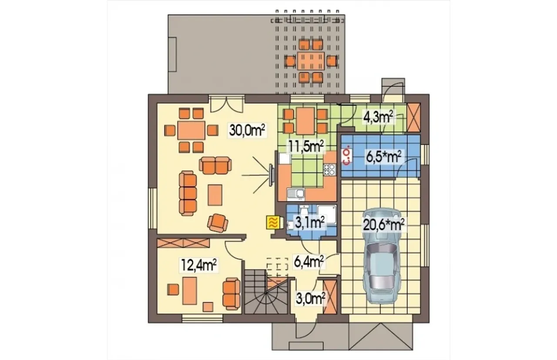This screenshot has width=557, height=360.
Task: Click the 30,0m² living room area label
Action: [x=247, y=130]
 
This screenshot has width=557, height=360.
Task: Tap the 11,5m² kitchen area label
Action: [x=306, y=147]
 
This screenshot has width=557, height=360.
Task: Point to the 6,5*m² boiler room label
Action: [x=384, y=157]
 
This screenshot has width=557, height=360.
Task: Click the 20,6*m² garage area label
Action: [x=384, y=225]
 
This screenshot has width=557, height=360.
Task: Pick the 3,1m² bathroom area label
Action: [x=309, y=222]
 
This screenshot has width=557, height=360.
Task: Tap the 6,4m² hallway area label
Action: [x=309, y=261]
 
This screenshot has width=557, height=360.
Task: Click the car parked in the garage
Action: [x=382, y=256]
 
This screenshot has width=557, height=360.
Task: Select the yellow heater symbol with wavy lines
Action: [x=273, y=222]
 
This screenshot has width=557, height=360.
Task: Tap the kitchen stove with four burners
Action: [x=329, y=170]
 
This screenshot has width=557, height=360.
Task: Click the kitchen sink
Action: [x=295, y=194]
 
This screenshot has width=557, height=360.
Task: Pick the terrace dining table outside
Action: [x=311, y=60]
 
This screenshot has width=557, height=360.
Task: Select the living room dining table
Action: [x=191, y=130]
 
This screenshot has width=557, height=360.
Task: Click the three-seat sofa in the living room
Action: [x=188, y=193]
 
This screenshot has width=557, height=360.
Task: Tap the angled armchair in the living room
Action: [x=218, y=223]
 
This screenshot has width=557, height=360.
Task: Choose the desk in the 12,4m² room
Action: [x=190, y=291]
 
